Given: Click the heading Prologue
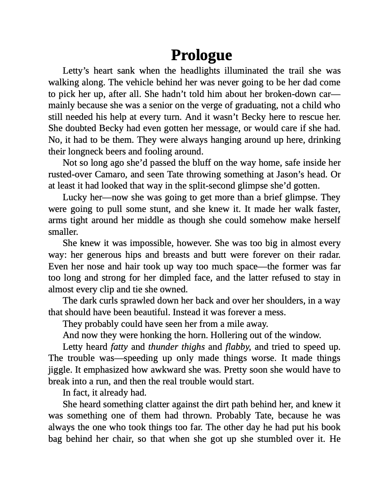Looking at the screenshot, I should tap(201, 55).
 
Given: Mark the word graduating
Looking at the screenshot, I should tap(261, 106).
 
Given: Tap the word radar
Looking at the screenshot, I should tap(329, 255).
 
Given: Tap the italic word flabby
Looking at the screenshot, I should tap(238, 347).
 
